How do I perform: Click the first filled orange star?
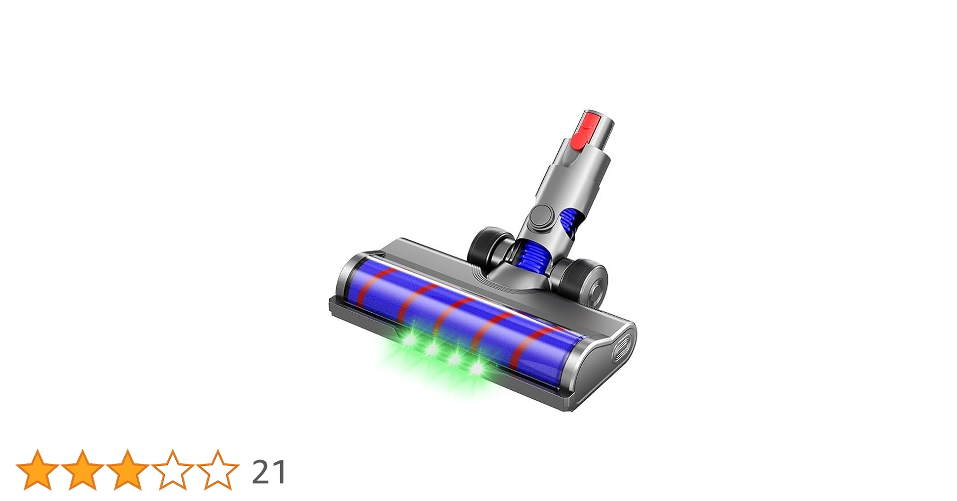[x=38, y=470]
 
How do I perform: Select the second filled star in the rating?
[x=82, y=470]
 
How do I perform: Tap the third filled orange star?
[x=127, y=470]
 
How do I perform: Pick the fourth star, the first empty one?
[x=172, y=470]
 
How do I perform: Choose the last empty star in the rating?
[x=217, y=470]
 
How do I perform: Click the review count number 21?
[x=269, y=472]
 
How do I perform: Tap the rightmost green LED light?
[x=476, y=370]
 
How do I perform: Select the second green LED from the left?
[x=431, y=349]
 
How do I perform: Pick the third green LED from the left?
[x=454, y=359]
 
